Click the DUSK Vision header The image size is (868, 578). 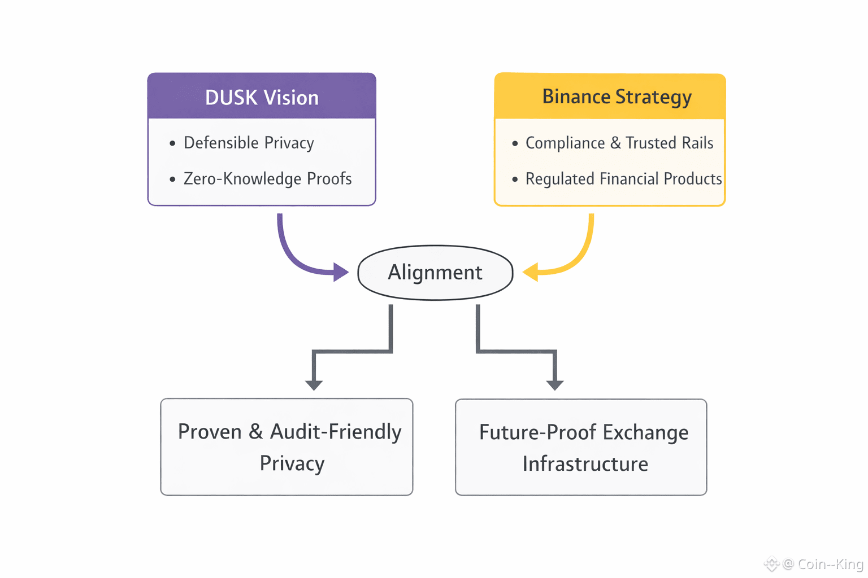(262, 97)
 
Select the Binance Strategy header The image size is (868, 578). (616, 97)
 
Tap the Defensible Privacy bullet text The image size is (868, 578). (249, 143)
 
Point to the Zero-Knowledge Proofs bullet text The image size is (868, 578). (267, 179)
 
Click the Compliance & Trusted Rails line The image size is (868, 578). (619, 143)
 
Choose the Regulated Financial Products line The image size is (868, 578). (623, 179)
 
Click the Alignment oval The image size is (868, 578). (435, 273)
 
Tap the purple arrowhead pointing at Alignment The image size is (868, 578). (341, 272)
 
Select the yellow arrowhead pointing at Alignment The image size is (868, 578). (530, 273)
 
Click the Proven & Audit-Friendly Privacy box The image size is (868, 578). (287, 447)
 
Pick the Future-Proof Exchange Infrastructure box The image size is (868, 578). (581, 447)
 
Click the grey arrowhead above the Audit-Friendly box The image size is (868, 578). (314, 385)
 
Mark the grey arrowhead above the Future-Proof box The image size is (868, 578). (555, 385)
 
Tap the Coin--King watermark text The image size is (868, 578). (830, 564)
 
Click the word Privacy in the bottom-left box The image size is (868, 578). (292, 463)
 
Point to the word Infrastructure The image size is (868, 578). (585, 464)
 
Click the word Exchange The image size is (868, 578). (645, 432)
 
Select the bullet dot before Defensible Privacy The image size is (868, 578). (172, 144)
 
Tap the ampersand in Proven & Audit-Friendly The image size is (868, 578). (256, 432)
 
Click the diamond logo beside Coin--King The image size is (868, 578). (771, 563)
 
